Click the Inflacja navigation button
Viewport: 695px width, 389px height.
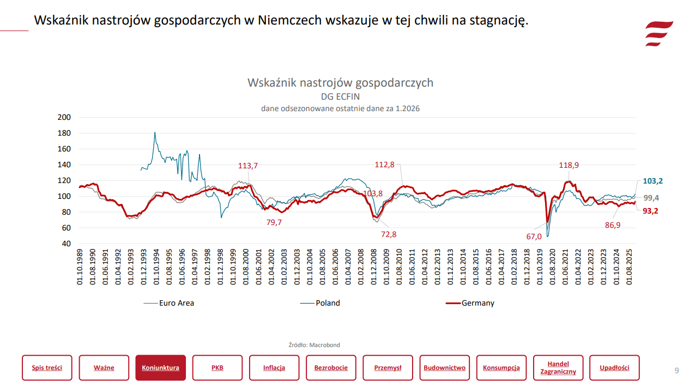[274, 368]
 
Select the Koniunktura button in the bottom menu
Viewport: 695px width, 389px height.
[161, 368]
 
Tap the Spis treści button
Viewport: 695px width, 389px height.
[47, 368]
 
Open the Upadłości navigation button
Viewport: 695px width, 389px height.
[614, 368]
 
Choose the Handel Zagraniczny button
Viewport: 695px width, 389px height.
[558, 368]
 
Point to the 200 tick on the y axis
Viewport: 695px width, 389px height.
[64, 117]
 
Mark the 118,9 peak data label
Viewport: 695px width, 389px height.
[569, 165]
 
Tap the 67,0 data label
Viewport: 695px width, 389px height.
[534, 236]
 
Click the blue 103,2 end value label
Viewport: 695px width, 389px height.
[652, 181]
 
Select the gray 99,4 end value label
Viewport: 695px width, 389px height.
[651, 198]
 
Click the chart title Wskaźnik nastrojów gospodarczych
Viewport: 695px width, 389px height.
[340, 83]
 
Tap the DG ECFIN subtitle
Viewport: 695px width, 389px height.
[340, 97]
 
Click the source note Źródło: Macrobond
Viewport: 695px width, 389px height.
[314, 345]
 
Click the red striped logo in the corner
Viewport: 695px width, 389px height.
[658, 34]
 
